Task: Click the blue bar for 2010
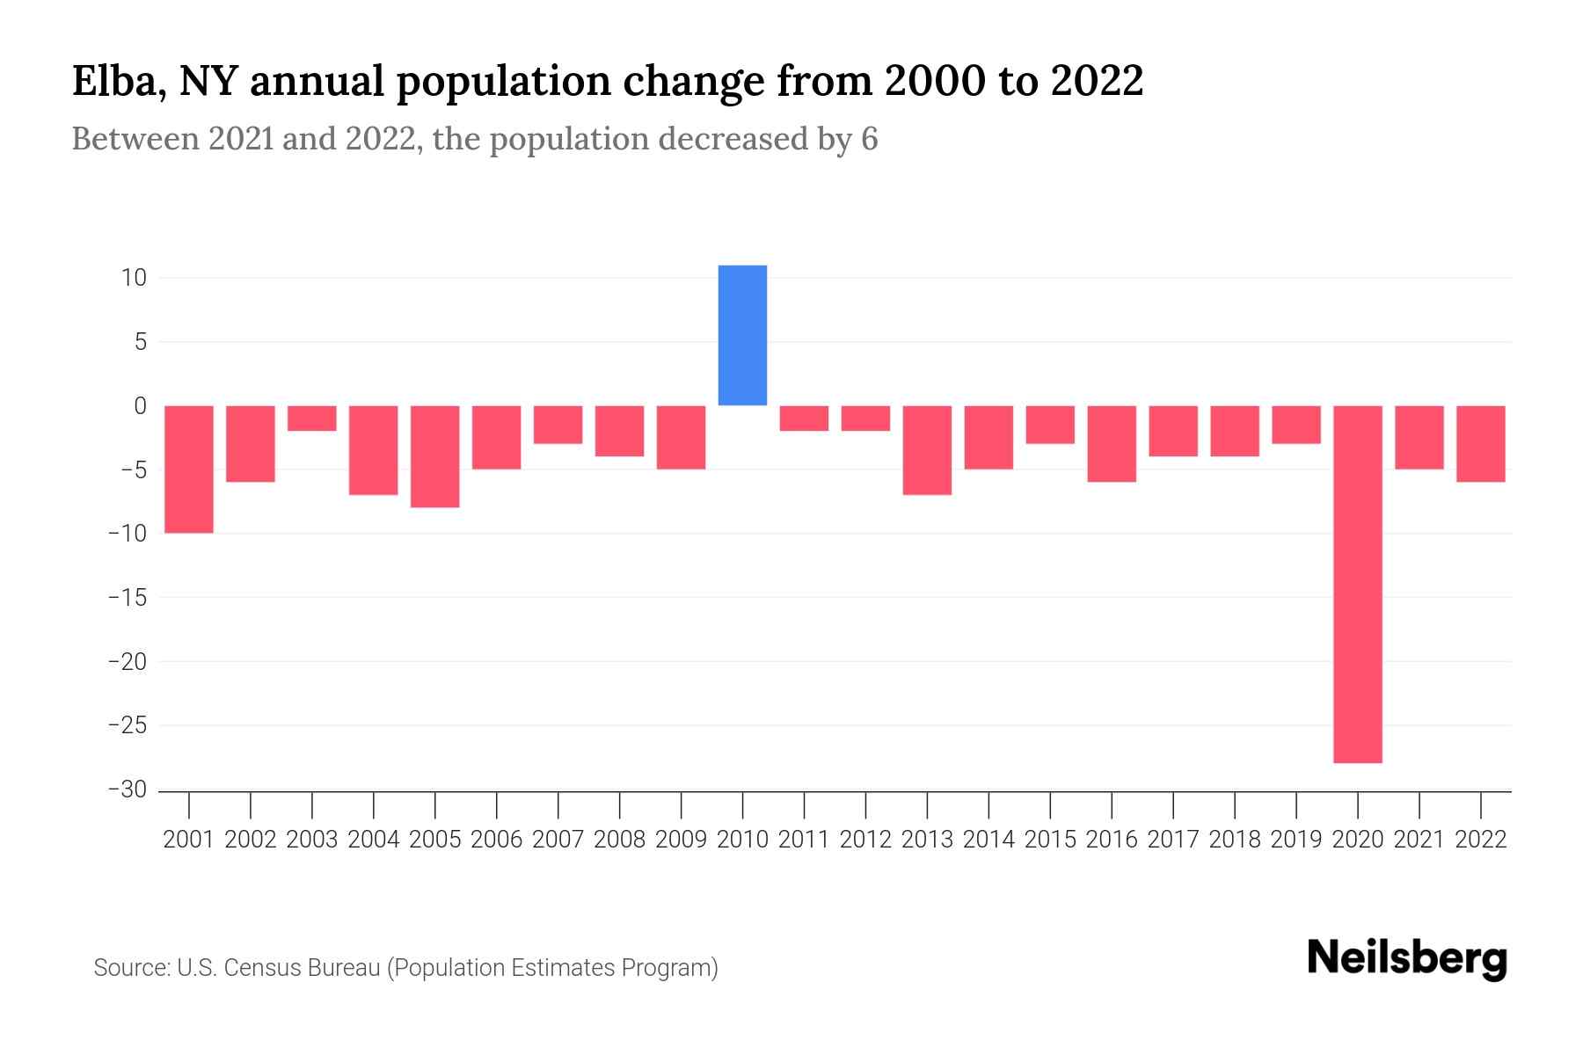(x=742, y=335)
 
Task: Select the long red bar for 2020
(x=1358, y=584)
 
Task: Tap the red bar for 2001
(x=189, y=469)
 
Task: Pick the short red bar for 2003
(x=312, y=418)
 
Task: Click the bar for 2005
(x=435, y=456)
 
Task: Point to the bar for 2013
(x=927, y=450)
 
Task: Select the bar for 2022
(x=1481, y=443)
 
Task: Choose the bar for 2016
(x=1112, y=443)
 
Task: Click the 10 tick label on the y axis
(x=134, y=278)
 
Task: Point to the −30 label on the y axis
(x=128, y=789)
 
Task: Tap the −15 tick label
(x=128, y=597)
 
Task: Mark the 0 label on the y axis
(x=140, y=405)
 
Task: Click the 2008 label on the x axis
(x=619, y=840)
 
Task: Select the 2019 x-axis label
(x=1296, y=840)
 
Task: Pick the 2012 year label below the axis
(x=865, y=840)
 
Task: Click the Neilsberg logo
(x=1407, y=958)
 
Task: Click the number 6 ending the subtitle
(x=869, y=139)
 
